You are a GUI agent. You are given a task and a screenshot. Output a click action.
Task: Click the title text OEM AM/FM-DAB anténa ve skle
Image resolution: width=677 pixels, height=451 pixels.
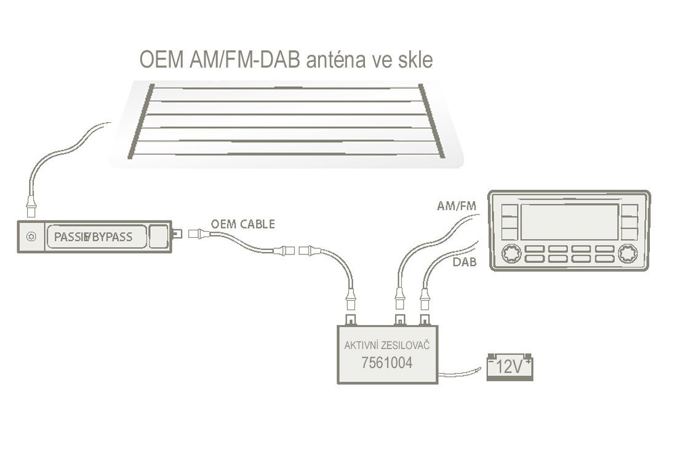(286, 60)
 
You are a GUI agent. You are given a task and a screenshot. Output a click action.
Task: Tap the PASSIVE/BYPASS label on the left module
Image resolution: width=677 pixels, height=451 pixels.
(94, 237)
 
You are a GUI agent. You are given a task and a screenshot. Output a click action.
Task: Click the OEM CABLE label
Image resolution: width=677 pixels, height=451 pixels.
(242, 224)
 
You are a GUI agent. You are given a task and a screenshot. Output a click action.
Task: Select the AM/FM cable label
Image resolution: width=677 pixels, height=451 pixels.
(457, 206)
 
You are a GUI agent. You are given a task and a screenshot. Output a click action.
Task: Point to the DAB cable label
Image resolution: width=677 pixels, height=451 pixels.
(465, 262)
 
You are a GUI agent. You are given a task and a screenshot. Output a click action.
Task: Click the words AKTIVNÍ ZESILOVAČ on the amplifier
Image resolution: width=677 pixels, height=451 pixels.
(387, 345)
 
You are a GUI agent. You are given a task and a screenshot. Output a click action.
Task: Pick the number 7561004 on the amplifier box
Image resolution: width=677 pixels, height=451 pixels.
(387, 363)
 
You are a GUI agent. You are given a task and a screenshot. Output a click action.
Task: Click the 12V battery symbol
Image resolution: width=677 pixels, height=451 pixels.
(510, 366)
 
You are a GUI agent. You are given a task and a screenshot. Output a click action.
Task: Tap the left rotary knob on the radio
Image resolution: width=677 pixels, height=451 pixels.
(511, 254)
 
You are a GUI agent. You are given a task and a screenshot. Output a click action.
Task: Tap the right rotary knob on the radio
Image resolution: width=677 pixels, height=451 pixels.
(627, 254)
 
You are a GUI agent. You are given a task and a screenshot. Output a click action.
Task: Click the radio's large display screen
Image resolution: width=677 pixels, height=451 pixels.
(570, 222)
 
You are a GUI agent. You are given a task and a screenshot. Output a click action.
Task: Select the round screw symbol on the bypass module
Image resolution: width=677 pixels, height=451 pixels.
(31, 237)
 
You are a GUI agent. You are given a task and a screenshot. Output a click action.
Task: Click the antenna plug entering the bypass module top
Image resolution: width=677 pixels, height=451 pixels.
(31, 207)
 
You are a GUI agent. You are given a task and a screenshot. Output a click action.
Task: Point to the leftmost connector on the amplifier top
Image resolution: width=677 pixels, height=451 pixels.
(351, 320)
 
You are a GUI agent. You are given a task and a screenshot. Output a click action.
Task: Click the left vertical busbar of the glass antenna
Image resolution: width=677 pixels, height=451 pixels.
(141, 121)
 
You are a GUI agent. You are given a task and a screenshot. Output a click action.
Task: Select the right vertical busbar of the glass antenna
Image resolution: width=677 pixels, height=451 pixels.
(432, 121)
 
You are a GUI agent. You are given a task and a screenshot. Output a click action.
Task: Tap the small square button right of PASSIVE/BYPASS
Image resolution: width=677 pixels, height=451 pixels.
(158, 237)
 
